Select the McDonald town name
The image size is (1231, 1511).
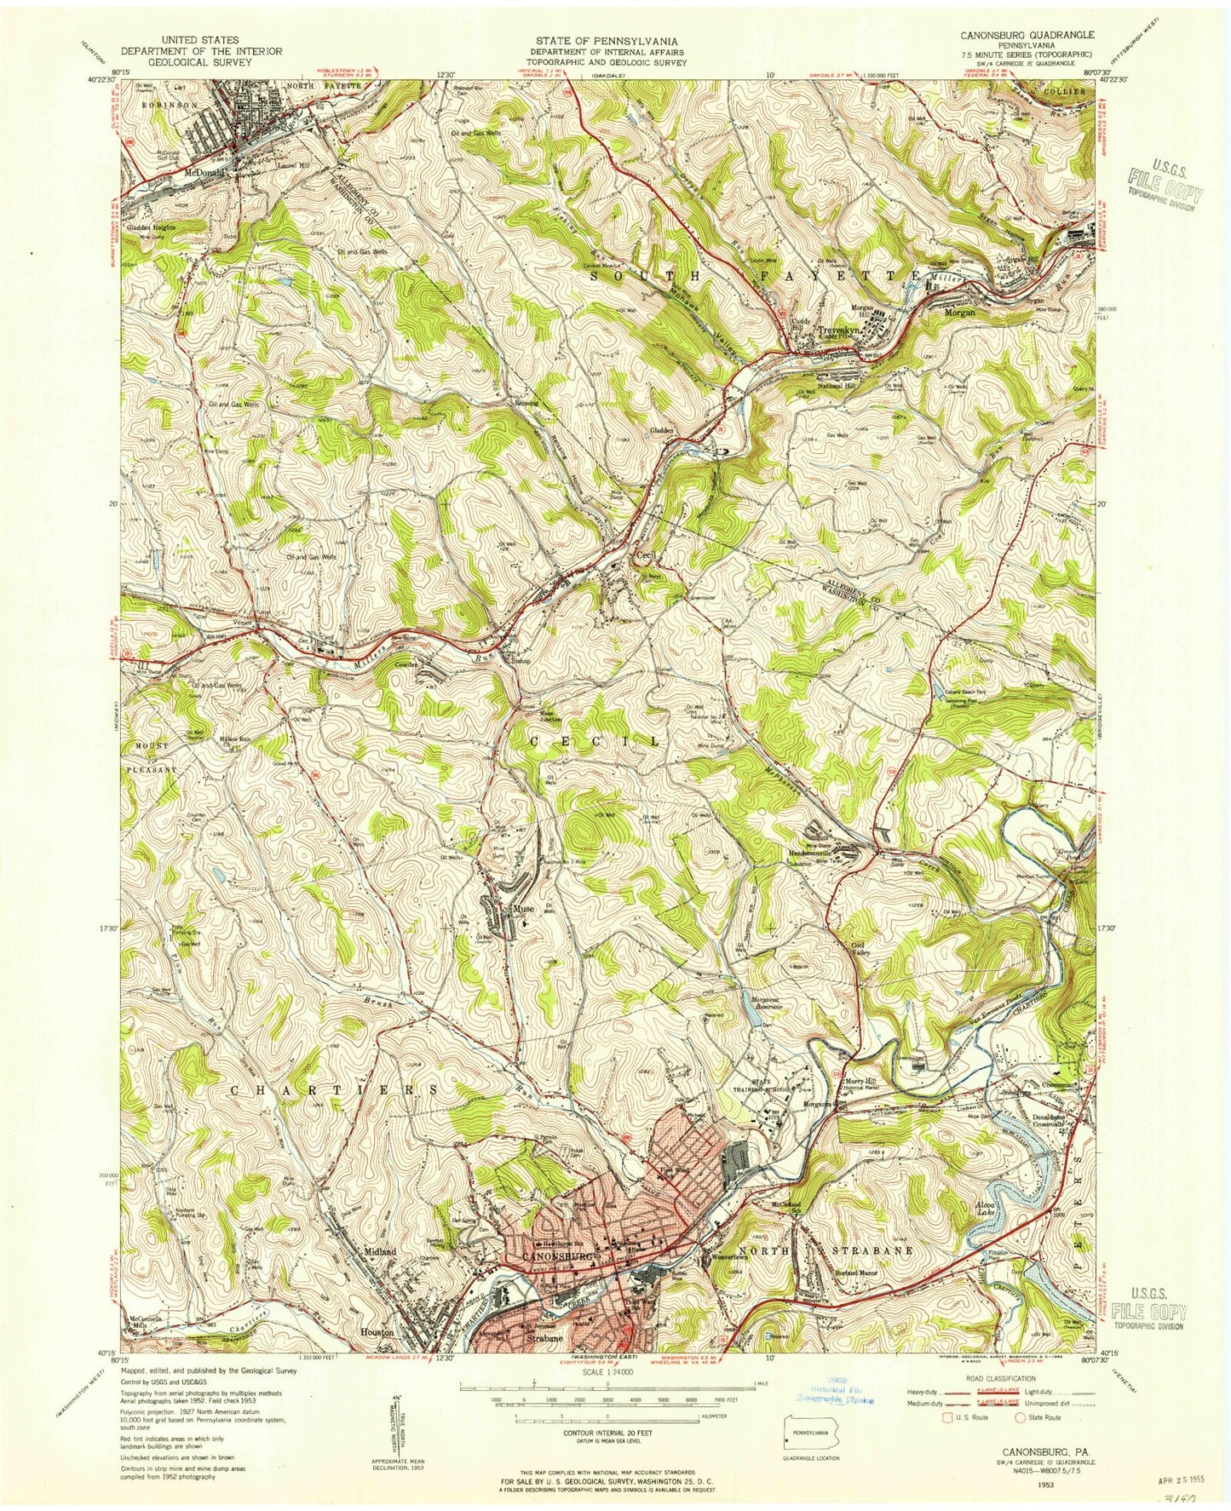(x=204, y=170)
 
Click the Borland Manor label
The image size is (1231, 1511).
(x=854, y=1273)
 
